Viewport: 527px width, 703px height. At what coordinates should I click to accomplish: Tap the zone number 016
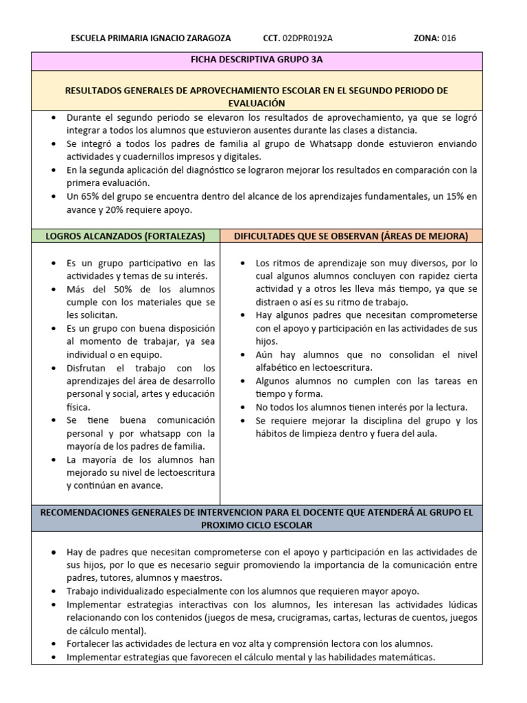click(x=448, y=38)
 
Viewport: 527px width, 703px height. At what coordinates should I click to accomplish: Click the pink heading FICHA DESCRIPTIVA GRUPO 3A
click(x=257, y=60)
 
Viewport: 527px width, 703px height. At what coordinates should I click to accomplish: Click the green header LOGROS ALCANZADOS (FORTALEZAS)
click(x=126, y=236)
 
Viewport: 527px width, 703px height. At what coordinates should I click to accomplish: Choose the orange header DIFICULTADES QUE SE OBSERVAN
click(x=351, y=236)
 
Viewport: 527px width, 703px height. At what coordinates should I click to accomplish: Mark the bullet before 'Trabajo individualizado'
click(x=55, y=591)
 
